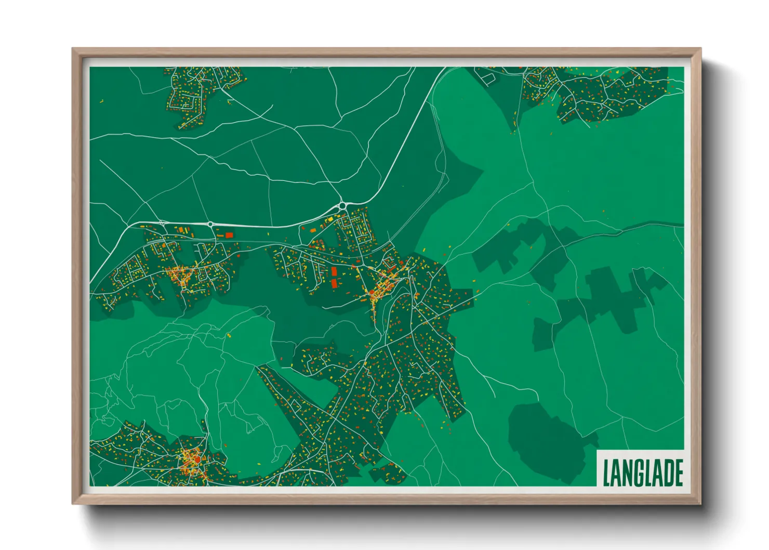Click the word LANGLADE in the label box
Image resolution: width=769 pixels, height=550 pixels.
tap(643, 472)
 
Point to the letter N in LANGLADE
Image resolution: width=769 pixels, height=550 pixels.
tap(627, 473)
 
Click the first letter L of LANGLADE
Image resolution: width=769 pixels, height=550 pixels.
tap(606, 473)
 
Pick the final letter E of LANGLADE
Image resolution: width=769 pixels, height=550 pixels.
tap(678, 473)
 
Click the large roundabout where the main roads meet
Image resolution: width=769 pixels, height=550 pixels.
tap(342, 206)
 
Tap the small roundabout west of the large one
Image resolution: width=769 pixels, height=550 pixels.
tap(210, 224)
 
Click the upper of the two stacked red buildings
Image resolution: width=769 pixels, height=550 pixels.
tap(334, 271)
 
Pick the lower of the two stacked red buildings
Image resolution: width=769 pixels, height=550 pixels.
tap(334, 283)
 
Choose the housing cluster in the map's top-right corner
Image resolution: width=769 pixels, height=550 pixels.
tap(598, 94)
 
